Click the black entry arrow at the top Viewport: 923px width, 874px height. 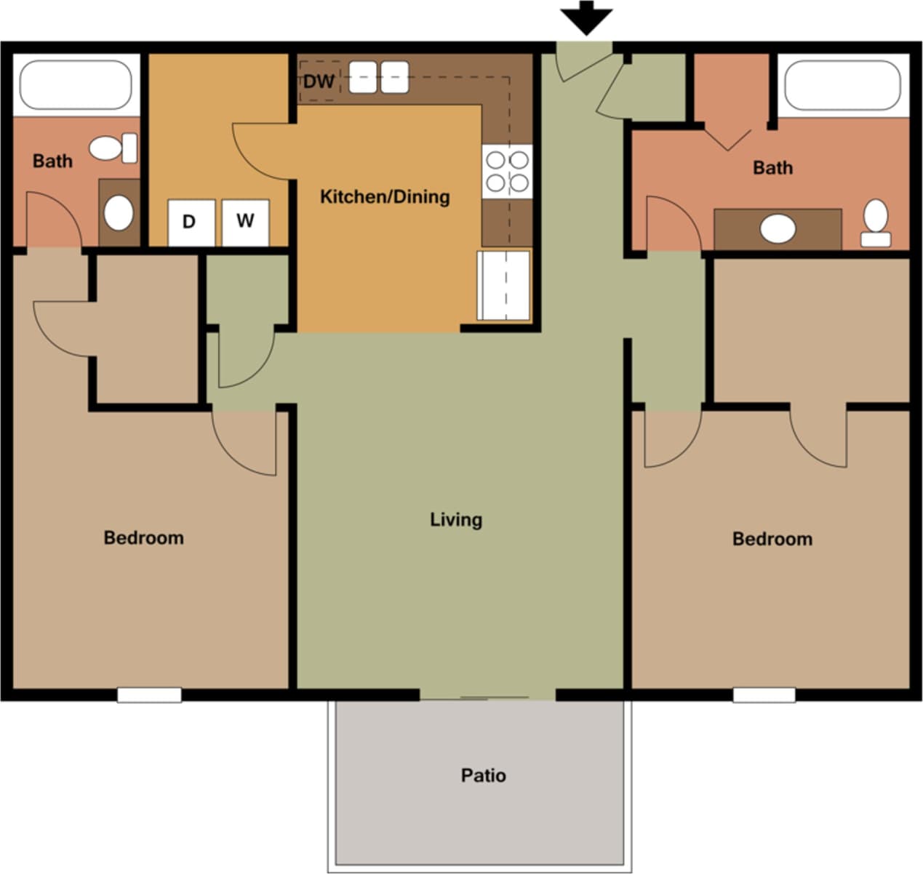(x=586, y=17)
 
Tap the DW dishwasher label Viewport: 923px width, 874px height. (x=318, y=81)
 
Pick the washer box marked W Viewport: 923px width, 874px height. (x=245, y=221)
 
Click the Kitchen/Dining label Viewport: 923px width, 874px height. (x=385, y=196)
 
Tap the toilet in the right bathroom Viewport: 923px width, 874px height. (x=876, y=223)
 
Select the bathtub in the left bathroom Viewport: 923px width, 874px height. (x=75, y=84)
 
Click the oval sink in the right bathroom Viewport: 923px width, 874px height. (x=778, y=228)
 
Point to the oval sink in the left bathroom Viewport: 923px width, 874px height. (x=119, y=213)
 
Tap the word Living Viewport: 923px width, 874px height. (x=456, y=519)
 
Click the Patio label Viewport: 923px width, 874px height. (x=483, y=775)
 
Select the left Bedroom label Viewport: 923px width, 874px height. (x=143, y=538)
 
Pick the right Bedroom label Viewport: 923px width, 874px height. (x=772, y=539)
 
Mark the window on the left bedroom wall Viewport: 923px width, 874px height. (x=149, y=695)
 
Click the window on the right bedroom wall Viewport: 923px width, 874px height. (x=764, y=695)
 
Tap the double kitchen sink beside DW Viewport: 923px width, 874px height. (x=378, y=77)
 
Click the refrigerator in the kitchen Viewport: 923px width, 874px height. (x=503, y=285)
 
